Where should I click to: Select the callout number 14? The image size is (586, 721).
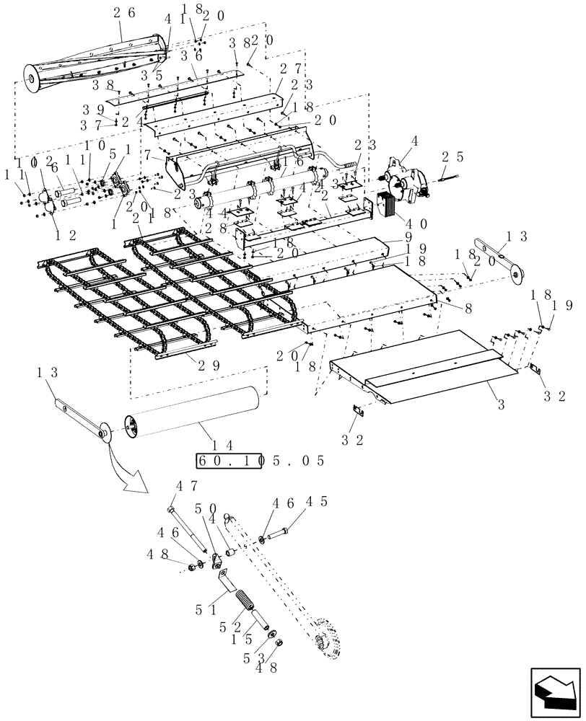pos(214,440)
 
